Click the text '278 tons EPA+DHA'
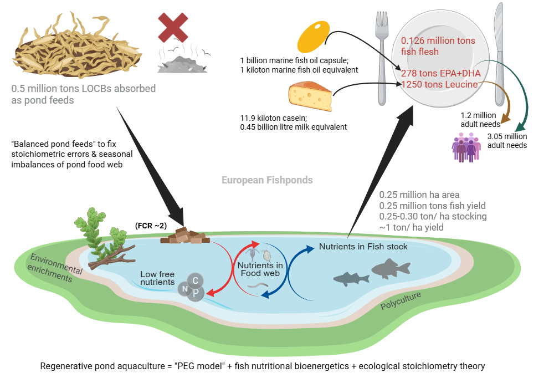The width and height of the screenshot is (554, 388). point(441,73)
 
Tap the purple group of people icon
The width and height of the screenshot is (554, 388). point(464,146)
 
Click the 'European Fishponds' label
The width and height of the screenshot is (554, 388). point(267,180)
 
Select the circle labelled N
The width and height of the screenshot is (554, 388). point(184,288)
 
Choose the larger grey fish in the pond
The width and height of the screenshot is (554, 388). point(391,269)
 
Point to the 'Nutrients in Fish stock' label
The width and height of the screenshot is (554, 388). point(363,247)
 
